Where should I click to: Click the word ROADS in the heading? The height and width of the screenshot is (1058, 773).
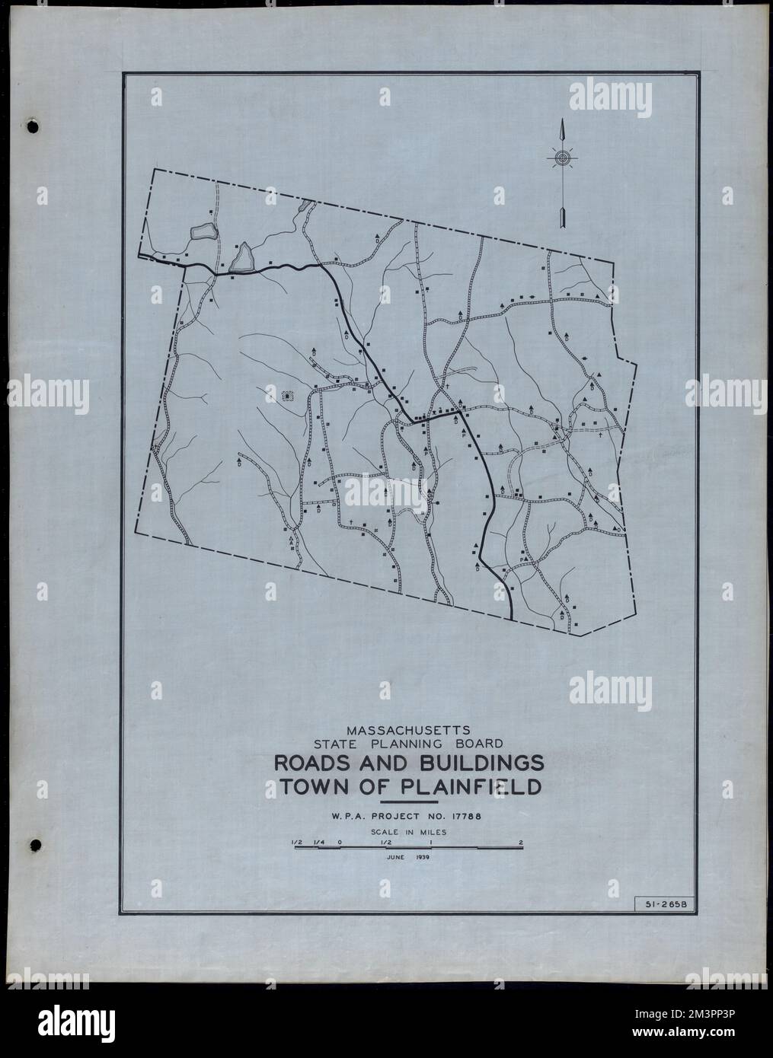click(311, 763)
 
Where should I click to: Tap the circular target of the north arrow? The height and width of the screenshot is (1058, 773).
click(562, 158)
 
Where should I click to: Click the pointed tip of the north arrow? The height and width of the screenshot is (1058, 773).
click(562, 122)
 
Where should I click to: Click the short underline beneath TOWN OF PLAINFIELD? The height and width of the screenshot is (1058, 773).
click(408, 802)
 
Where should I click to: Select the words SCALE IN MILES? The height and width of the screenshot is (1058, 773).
click(408, 832)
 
